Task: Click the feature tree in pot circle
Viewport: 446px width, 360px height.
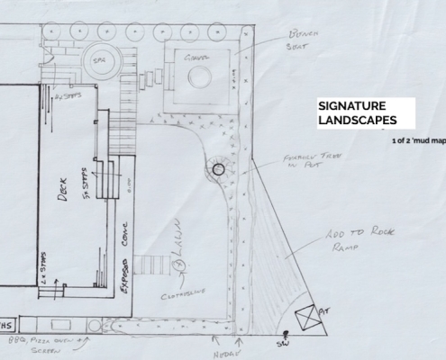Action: (x=218, y=167)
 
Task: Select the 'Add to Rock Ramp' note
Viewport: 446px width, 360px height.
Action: (x=340, y=245)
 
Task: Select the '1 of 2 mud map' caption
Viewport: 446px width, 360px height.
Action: (x=417, y=141)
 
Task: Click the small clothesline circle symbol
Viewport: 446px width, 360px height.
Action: (x=178, y=265)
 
